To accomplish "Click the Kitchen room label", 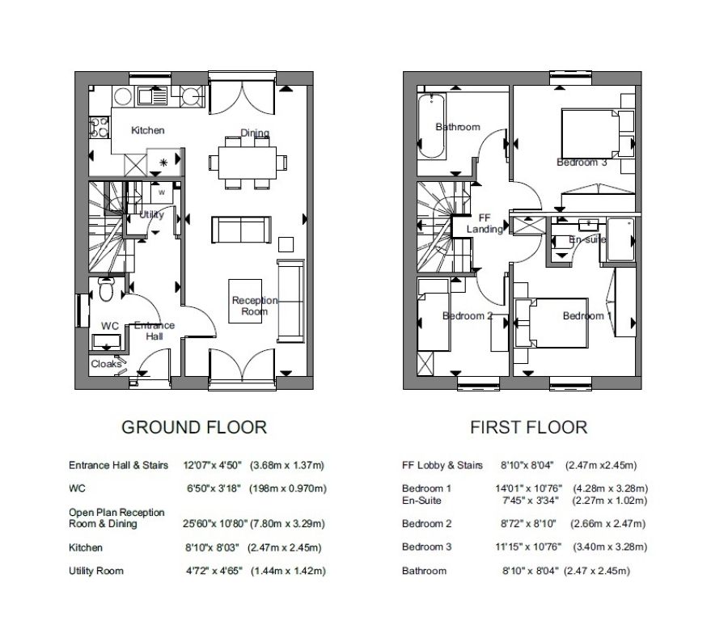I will [147, 130].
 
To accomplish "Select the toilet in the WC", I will [106, 289].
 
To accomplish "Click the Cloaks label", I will [106, 364].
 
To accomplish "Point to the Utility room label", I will [151, 215].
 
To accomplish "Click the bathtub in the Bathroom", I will [432, 127].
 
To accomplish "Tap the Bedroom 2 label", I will [468, 316].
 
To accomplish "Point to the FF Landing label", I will [485, 224].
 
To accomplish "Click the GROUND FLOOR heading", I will [193, 427].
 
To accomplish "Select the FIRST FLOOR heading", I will [529, 427].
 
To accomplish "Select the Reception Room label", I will [255, 306].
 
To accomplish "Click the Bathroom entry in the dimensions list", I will [424, 571].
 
